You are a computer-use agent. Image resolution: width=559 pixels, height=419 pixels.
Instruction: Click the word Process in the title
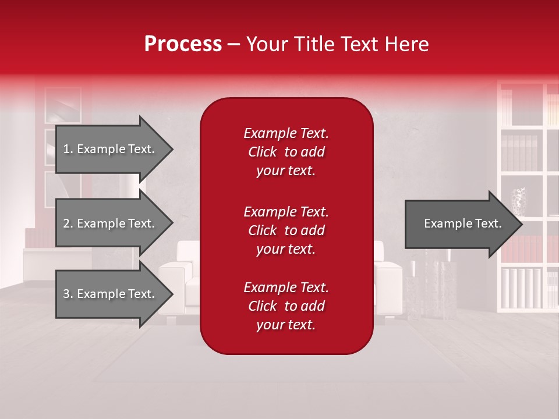click(183, 44)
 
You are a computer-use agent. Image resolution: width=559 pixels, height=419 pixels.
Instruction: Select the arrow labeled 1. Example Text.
click(111, 149)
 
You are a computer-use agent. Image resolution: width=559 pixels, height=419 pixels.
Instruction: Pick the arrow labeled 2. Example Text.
click(111, 223)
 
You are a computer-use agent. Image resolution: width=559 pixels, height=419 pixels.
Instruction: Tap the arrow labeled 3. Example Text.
click(111, 294)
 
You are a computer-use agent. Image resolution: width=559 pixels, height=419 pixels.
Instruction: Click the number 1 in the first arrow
click(66, 149)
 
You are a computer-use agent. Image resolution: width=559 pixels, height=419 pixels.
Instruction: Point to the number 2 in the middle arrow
click(66, 223)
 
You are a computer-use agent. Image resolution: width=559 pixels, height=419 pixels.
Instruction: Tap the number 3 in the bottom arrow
click(66, 294)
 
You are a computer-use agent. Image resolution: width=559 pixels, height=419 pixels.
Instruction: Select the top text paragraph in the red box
click(286, 152)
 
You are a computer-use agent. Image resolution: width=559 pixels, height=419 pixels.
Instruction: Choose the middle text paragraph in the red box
click(286, 230)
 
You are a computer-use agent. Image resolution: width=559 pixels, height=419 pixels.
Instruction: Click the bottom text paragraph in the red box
click(286, 306)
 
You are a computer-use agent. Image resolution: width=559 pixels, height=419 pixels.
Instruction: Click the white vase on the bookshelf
click(518, 201)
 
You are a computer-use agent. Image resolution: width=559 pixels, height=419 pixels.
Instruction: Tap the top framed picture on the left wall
click(62, 105)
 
